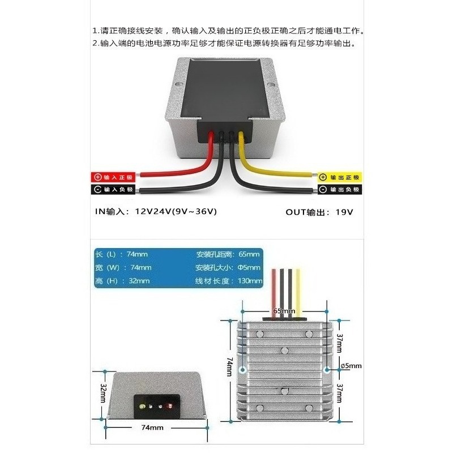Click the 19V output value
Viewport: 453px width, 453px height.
(344, 212)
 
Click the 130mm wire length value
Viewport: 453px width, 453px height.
(251, 281)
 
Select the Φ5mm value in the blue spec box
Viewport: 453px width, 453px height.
(250, 267)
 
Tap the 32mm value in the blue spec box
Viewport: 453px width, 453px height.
(139, 281)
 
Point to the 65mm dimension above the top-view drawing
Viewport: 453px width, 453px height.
(284, 311)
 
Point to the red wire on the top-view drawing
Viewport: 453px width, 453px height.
(275, 289)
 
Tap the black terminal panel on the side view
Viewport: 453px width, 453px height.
(156, 404)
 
